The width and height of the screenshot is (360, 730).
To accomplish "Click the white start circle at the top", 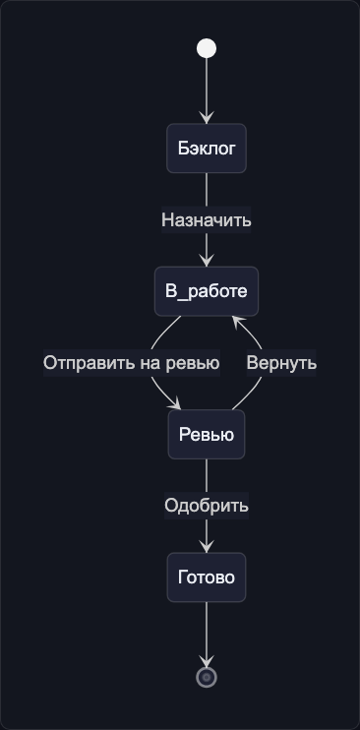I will [x=207, y=49].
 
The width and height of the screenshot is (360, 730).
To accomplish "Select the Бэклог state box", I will [x=207, y=150].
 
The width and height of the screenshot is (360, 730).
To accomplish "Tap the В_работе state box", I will [x=207, y=291].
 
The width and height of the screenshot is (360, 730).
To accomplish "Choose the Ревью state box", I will [x=207, y=434].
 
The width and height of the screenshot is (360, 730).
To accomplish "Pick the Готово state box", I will [x=207, y=577].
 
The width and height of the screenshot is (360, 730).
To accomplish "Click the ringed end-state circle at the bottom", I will [x=207, y=677].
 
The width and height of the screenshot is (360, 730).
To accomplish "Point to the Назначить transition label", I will [x=207, y=220].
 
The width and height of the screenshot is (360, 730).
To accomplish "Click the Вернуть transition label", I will [x=281, y=363].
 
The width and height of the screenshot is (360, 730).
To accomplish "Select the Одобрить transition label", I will [x=207, y=506].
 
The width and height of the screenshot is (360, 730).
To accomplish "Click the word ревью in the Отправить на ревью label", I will [x=192, y=363].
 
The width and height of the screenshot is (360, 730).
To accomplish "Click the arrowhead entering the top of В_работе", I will [x=207, y=261].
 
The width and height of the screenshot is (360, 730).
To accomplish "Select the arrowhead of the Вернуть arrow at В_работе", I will [x=236, y=322].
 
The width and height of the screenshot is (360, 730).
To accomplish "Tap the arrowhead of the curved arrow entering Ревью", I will [x=177, y=404].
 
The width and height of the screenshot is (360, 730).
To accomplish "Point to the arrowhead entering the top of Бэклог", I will [x=207, y=119].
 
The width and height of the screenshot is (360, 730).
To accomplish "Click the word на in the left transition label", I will [x=149, y=363].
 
